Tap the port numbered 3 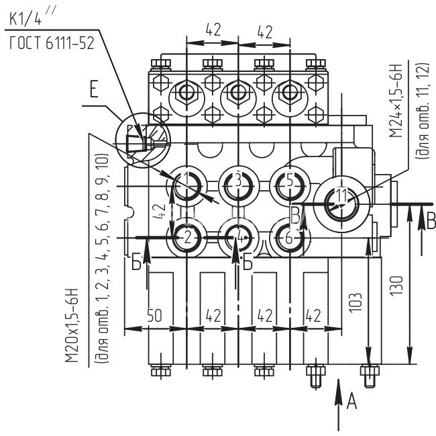point(237,181)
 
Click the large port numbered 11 point(342,198)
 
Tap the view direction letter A point(351,401)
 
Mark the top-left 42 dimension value point(211,30)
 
